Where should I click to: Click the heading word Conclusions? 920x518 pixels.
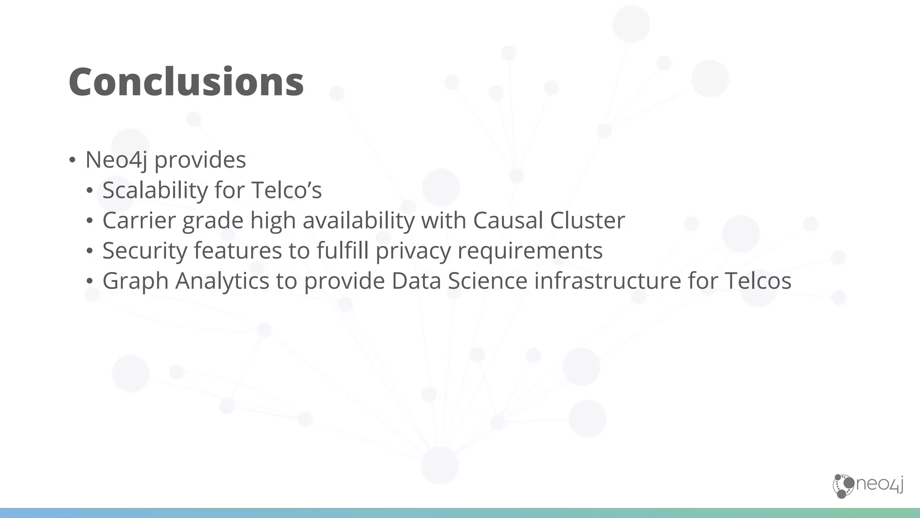186,82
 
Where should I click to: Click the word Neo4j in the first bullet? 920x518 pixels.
116,160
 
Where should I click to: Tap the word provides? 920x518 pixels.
200,160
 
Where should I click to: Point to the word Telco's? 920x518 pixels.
286,190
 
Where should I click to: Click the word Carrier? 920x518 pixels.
139,220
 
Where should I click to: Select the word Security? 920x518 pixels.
145,250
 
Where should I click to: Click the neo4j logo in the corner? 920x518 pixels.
868,486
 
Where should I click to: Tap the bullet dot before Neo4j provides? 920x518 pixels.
72,161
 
